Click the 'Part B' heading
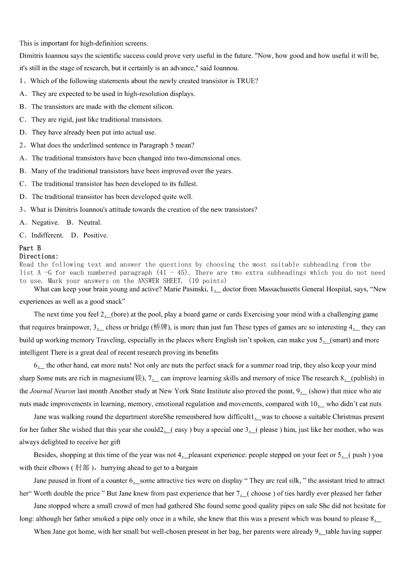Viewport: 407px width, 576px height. point(30,248)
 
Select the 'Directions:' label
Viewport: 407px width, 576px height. point(39,256)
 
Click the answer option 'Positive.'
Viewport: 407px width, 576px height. point(95,235)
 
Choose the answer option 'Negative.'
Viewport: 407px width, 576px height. point(45,223)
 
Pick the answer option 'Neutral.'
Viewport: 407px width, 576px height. point(90,223)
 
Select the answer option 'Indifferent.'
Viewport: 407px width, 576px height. point(47,235)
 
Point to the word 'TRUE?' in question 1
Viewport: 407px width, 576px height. point(247,81)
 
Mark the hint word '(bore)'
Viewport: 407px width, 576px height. point(119,314)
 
